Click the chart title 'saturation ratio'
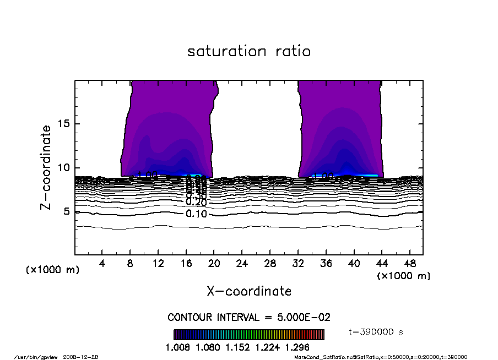tap(249, 52)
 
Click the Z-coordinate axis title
tap(46, 167)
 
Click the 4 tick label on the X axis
tap(102, 264)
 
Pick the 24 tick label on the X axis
tap(242, 264)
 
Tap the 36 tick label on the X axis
tap(326, 264)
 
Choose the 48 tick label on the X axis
tap(409, 264)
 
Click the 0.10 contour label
tap(197, 214)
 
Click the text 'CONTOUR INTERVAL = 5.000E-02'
tap(249, 318)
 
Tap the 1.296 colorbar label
tap(297, 347)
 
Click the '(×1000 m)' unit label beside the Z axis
tap(52, 270)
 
